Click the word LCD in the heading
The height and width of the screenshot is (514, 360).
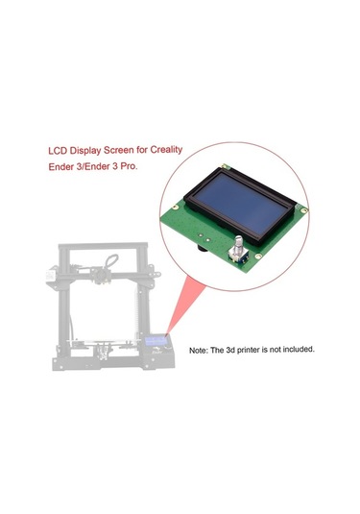coord(59,150)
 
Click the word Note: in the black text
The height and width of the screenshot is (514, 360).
coord(201,350)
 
